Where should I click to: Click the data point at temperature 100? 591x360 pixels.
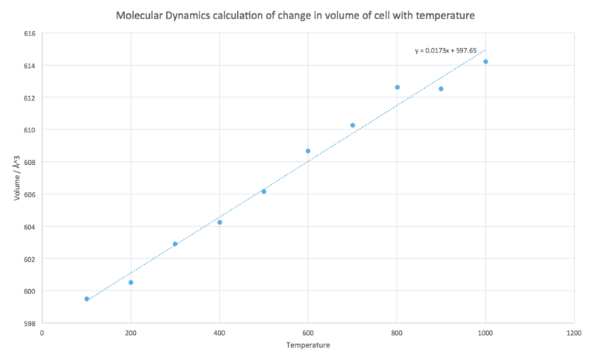[86, 299]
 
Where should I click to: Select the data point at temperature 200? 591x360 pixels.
[131, 282]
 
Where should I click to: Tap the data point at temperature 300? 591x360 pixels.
[175, 244]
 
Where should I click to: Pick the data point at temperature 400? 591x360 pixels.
[219, 223]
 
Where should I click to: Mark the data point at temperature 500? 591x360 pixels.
[264, 191]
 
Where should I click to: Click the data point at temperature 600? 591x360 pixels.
[308, 151]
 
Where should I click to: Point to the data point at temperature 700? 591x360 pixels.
[352, 126]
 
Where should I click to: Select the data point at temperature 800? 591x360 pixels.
[397, 87]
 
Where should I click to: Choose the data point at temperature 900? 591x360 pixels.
[441, 89]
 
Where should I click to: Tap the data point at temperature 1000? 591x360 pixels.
[485, 61]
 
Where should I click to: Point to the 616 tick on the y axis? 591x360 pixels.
[29, 33]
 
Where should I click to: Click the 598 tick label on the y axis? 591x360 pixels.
[29, 323]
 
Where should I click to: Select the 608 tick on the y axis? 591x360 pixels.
[29, 162]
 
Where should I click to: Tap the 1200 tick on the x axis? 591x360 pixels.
[574, 333]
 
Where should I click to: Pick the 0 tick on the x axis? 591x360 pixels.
[42, 333]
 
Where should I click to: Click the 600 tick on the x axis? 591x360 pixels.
[308, 333]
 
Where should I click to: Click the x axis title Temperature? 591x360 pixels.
[308, 345]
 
